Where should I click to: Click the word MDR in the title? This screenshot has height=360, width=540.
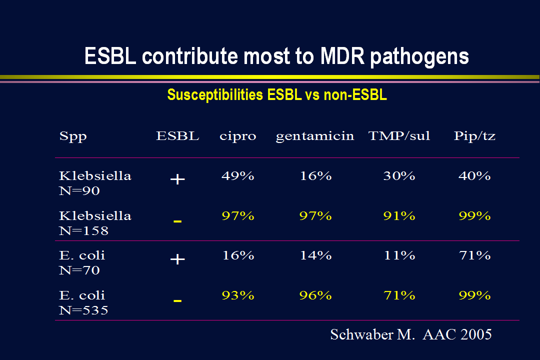(x=342, y=56)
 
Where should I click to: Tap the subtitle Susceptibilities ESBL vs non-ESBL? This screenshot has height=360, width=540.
(x=277, y=94)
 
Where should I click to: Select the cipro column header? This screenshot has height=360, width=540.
(x=238, y=136)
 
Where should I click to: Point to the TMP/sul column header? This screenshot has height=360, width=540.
(x=399, y=135)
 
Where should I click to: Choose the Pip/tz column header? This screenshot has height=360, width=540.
(x=474, y=136)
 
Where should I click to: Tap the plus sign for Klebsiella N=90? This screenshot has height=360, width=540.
(x=177, y=179)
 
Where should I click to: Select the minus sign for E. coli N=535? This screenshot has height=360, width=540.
(x=177, y=301)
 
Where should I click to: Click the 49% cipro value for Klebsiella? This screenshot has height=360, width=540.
(x=238, y=176)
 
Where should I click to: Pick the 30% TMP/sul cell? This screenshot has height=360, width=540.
(x=399, y=176)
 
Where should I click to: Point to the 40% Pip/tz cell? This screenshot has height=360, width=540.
(x=474, y=176)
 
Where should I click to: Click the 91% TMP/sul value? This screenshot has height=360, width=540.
(x=399, y=216)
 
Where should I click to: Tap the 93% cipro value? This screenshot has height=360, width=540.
(x=238, y=295)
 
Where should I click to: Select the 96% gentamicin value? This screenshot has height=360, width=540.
(x=315, y=295)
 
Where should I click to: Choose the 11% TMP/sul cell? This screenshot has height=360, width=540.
(x=399, y=255)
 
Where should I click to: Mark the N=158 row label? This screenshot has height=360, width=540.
(x=83, y=231)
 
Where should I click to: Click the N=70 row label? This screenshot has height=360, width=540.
(x=79, y=270)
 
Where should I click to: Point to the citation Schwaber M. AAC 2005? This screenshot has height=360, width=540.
(x=411, y=334)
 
